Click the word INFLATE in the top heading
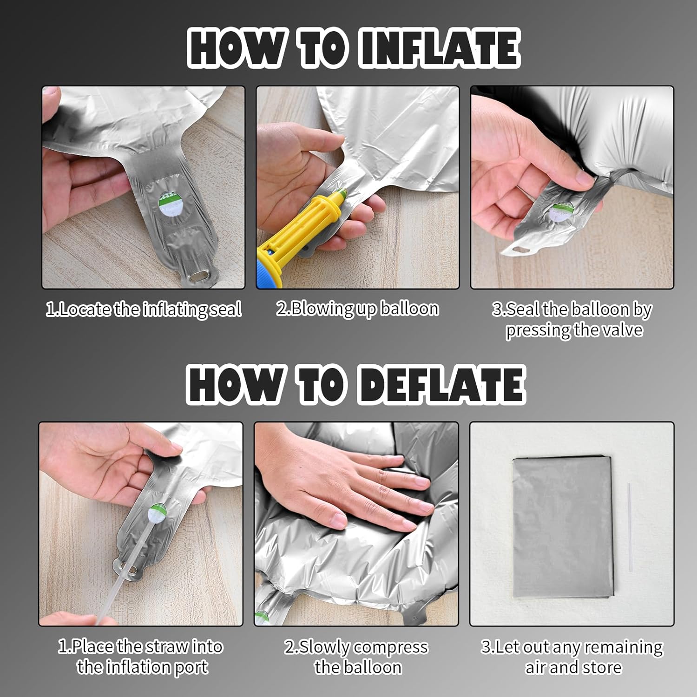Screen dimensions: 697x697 coord(440,48)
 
